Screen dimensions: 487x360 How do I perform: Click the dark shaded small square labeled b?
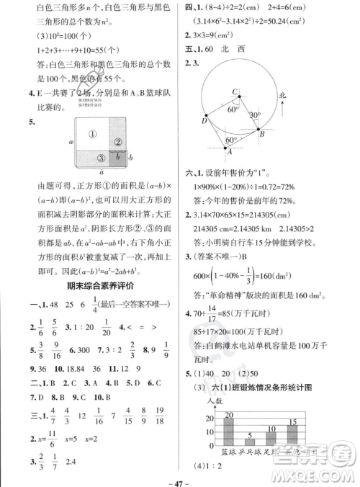[120, 158]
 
